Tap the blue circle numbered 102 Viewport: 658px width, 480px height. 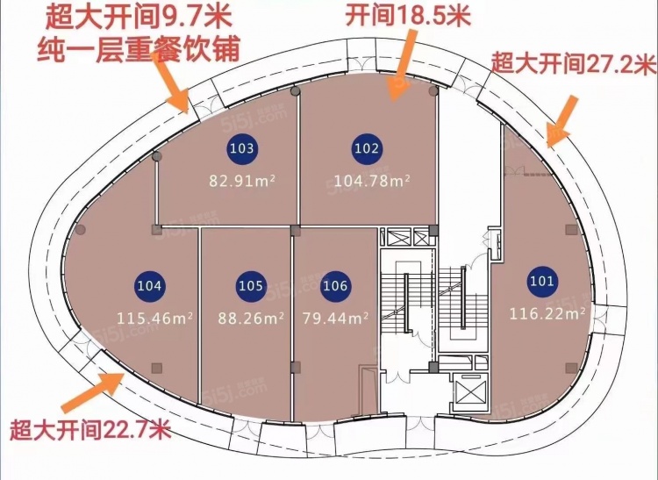(367, 148)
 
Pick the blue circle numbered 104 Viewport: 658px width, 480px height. (150, 285)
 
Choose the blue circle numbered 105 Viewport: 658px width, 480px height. (251, 285)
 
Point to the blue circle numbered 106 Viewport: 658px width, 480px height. (335, 285)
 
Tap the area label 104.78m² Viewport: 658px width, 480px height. (373, 182)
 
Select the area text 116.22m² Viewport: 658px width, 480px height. (548, 312)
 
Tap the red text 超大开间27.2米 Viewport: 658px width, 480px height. (574, 63)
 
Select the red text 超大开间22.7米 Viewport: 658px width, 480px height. (90, 432)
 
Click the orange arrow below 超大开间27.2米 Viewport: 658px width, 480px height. (562, 118)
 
